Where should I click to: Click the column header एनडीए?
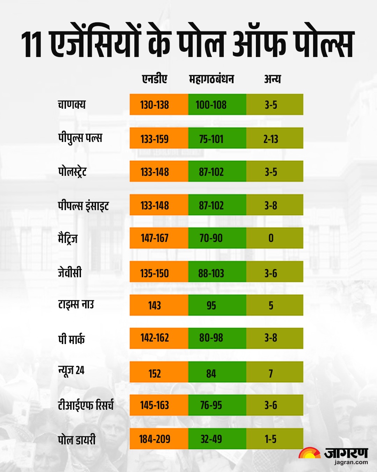(155, 79)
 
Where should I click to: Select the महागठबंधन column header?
(211, 79)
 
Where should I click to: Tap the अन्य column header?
(272, 79)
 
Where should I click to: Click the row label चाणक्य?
(72, 105)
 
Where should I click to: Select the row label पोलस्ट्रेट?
(72, 172)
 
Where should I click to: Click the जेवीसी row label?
(70, 272)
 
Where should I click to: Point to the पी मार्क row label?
(71, 339)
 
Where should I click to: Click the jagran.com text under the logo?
(351, 462)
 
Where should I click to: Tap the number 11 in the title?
(32, 44)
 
